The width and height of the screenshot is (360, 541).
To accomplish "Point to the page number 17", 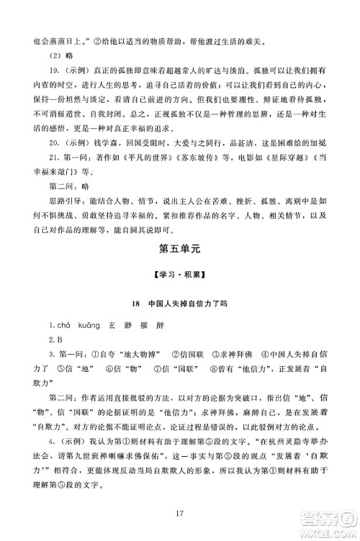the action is (x=179, y=512).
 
